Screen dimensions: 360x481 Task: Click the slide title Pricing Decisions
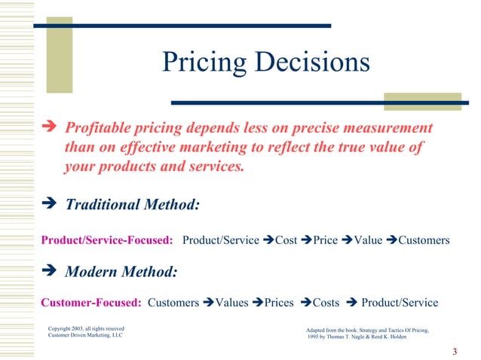click(266, 63)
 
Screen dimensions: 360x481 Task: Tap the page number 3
click(455, 352)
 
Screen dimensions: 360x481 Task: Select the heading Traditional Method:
click(133, 204)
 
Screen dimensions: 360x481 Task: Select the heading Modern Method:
click(121, 271)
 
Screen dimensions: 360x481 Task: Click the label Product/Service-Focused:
click(107, 240)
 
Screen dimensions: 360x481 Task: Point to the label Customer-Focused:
click(91, 303)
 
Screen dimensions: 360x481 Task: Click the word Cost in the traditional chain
click(286, 240)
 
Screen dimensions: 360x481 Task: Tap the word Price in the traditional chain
click(325, 240)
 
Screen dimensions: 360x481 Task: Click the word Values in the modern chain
click(232, 303)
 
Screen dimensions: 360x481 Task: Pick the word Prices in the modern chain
click(279, 303)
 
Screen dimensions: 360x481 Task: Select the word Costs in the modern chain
click(326, 303)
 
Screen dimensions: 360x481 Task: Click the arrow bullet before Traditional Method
click(51, 204)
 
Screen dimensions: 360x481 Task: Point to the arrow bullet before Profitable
click(51, 127)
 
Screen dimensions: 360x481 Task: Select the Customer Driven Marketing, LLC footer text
click(84, 337)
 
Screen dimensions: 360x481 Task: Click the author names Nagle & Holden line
click(359, 337)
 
